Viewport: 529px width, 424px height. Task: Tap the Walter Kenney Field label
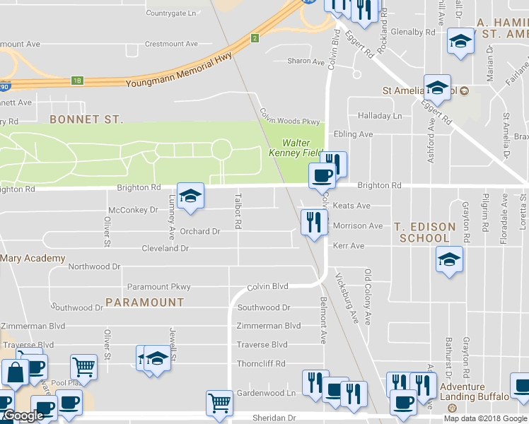point(295,147)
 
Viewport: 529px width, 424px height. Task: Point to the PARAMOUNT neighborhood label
point(145,302)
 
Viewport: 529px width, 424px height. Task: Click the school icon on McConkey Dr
point(190,196)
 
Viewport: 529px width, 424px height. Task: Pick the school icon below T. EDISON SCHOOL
point(449,259)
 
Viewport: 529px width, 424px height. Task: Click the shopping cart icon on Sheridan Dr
point(219,404)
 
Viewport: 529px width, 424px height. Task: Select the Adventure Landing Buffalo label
point(472,391)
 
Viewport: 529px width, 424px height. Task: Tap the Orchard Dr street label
point(200,231)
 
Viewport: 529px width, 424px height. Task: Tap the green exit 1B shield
point(77,81)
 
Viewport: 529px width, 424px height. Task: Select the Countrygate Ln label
point(170,13)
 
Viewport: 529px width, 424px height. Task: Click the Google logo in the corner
point(23,416)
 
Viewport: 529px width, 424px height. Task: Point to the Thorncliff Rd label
point(261,363)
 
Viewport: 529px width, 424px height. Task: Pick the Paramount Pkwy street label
point(158,287)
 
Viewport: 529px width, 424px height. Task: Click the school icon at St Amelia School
point(436,88)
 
